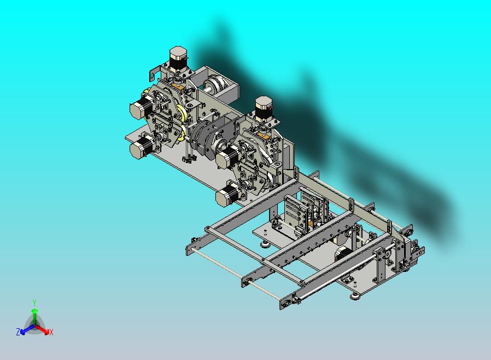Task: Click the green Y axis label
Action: pyautogui.click(x=34, y=303)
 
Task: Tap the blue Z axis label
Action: pyautogui.click(x=18, y=332)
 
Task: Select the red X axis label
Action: pyautogui.click(x=51, y=332)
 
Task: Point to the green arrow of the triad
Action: pyautogui.click(x=35, y=316)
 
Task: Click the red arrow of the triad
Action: pyautogui.click(x=42, y=329)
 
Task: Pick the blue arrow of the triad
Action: pyautogui.click(x=27, y=329)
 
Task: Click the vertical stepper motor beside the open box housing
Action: pyautogui.click(x=178, y=59)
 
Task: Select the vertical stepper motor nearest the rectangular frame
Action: pyautogui.click(x=264, y=108)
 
